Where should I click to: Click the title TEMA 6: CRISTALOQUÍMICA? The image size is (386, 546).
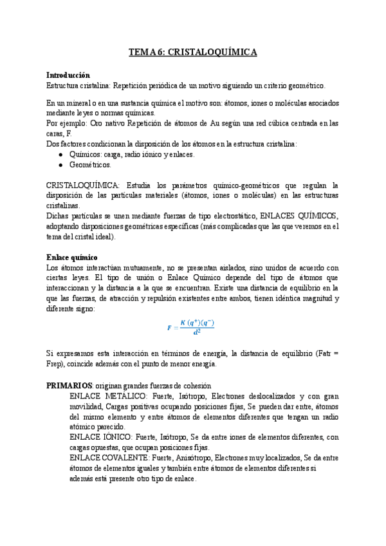point(193,53)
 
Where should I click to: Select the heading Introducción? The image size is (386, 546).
point(69,75)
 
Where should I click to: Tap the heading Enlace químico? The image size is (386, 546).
point(72,258)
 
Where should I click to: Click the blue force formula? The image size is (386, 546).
point(190,327)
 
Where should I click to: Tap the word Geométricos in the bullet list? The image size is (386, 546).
point(89,165)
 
